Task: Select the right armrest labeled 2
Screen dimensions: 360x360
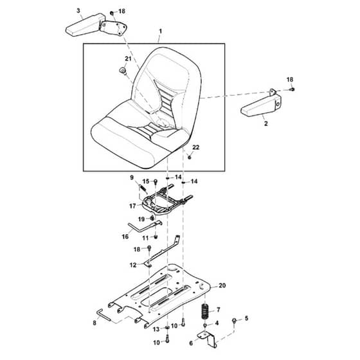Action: point(261,104)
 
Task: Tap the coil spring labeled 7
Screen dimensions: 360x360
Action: point(206,311)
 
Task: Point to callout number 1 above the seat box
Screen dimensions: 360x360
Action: point(160,32)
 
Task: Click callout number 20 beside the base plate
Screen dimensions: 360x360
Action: point(222,285)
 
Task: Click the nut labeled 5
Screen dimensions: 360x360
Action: point(234,320)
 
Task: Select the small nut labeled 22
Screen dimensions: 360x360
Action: point(190,157)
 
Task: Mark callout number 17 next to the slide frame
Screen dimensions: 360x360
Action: point(132,206)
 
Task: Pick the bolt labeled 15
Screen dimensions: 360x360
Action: point(155,183)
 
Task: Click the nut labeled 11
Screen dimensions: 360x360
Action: point(156,237)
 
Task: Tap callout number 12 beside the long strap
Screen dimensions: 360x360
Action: point(133,265)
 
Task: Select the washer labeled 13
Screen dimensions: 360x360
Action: point(167,327)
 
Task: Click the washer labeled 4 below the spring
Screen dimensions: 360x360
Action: point(206,325)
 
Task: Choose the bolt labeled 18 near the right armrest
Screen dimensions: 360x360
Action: point(292,89)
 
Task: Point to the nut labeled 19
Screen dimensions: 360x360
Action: point(152,217)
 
